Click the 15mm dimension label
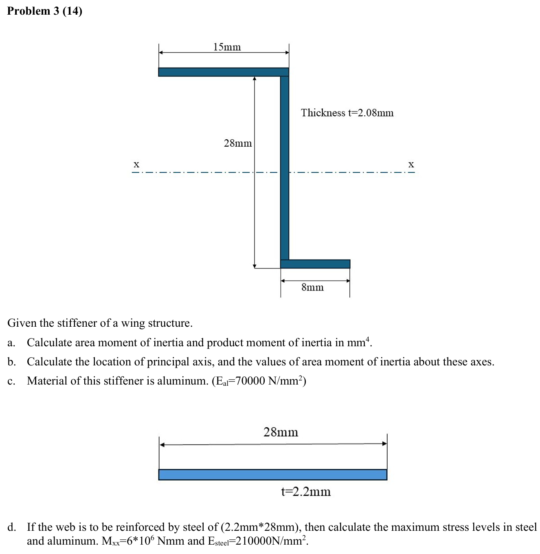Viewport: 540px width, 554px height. (x=227, y=47)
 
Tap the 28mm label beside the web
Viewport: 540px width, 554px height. (x=237, y=143)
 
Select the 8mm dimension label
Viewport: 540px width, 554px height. (x=312, y=288)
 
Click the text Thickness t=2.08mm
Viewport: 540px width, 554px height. (x=347, y=113)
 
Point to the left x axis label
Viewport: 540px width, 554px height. (x=136, y=164)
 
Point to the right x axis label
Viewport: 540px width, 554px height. (x=411, y=164)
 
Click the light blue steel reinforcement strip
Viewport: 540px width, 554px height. (x=272, y=475)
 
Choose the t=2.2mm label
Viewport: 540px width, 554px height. (x=306, y=492)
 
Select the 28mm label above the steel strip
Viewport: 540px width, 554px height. (x=281, y=432)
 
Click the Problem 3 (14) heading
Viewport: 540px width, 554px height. (x=45, y=11)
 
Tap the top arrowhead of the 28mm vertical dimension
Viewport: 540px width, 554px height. (x=255, y=78)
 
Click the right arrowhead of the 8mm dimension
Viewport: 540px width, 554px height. (x=348, y=281)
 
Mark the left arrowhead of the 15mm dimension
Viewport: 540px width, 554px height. (x=161, y=53)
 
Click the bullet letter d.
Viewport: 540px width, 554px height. (x=11, y=527)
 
